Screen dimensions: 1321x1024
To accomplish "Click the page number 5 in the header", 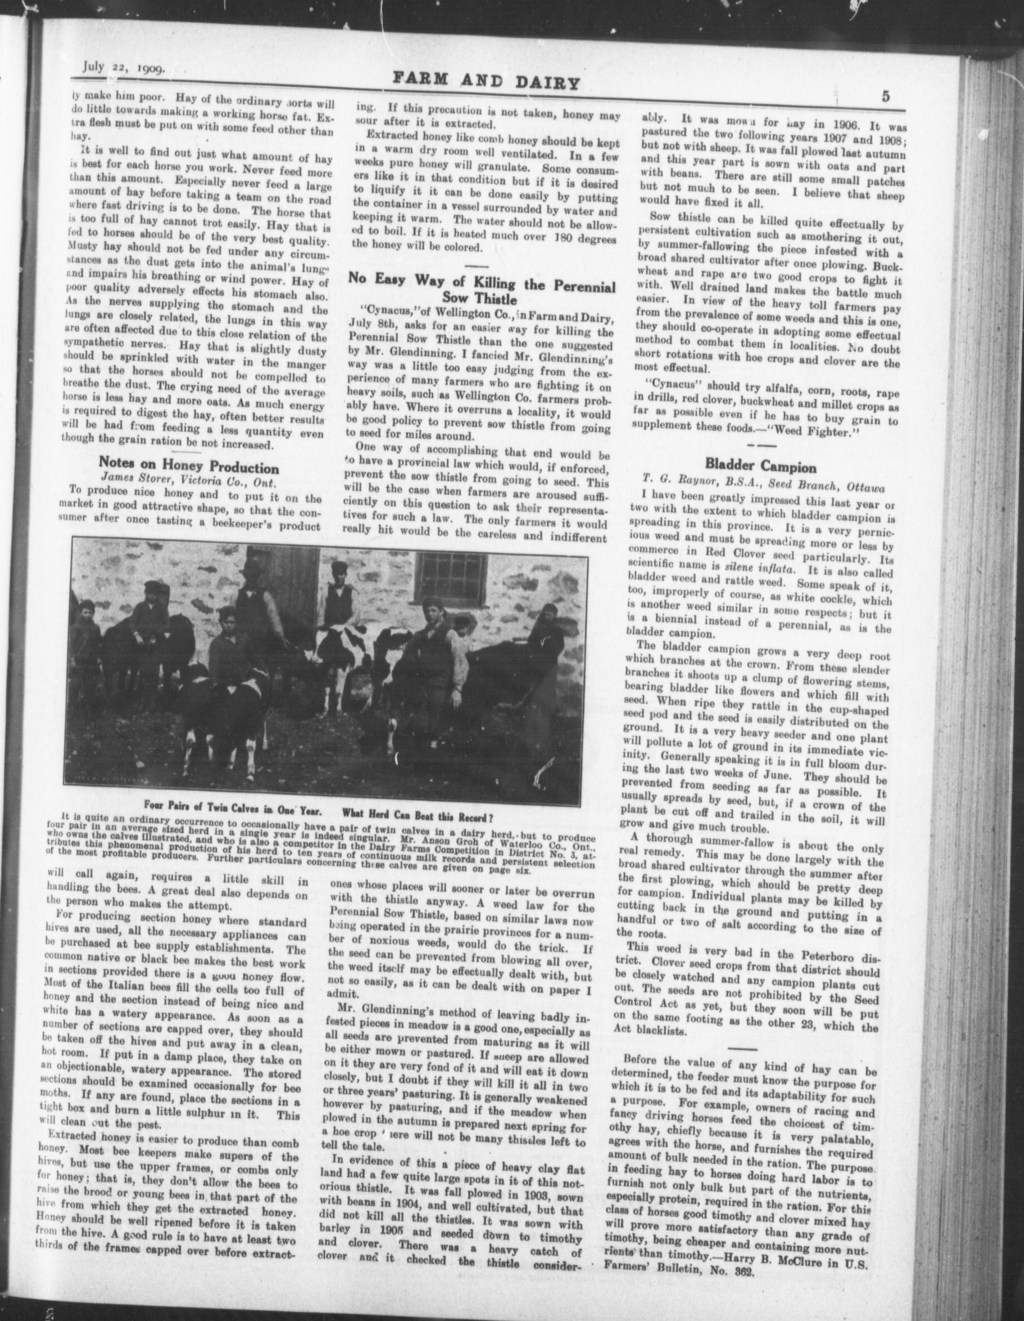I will click(x=885, y=97).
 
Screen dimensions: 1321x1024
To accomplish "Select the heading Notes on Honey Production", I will click(x=189, y=468).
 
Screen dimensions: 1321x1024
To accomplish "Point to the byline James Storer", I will click(x=152, y=483).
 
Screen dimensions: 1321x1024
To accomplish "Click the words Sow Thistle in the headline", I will click(x=480, y=299).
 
